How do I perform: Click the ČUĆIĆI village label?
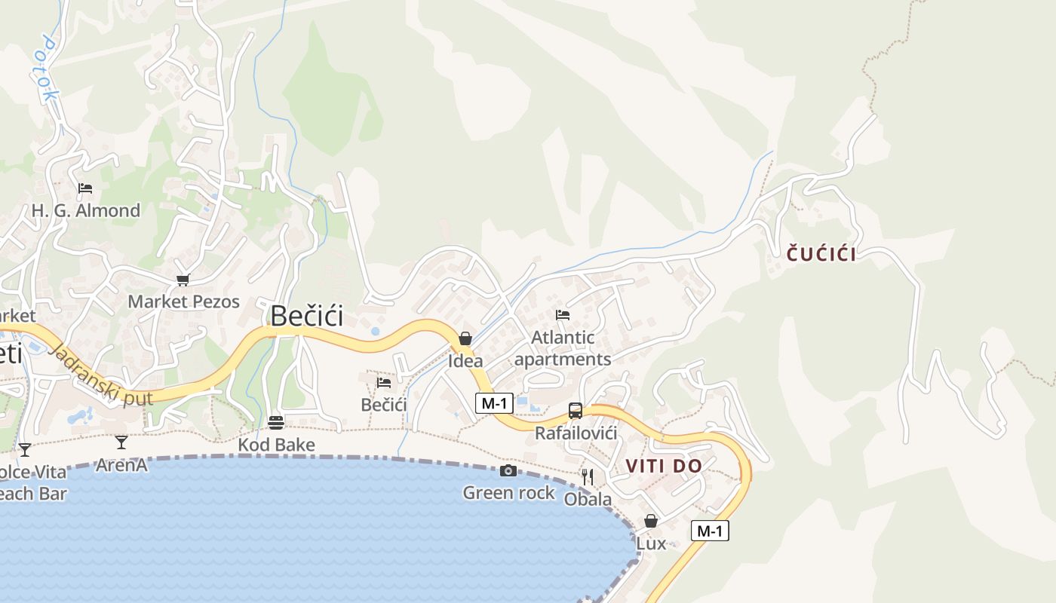point(821,254)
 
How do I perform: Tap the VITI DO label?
point(664,467)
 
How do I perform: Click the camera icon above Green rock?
point(508,471)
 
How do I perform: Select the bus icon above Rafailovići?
point(576,411)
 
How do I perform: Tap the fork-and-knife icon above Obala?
point(588,476)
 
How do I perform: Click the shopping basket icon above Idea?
point(465,339)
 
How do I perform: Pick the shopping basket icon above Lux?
point(651,521)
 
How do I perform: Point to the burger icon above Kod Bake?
point(276,422)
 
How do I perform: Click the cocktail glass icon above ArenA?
point(121,442)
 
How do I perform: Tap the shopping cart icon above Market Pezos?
point(183,280)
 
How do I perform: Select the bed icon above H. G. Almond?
point(85,188)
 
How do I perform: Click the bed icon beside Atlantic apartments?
point(563,315)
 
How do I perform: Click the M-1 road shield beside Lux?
point(710,531)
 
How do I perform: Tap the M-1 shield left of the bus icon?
point(494,403)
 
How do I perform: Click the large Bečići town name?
point(307,316)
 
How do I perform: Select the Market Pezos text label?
point(183,301)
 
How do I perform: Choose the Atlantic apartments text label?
point(563,348)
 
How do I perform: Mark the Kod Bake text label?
point(276,445)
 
